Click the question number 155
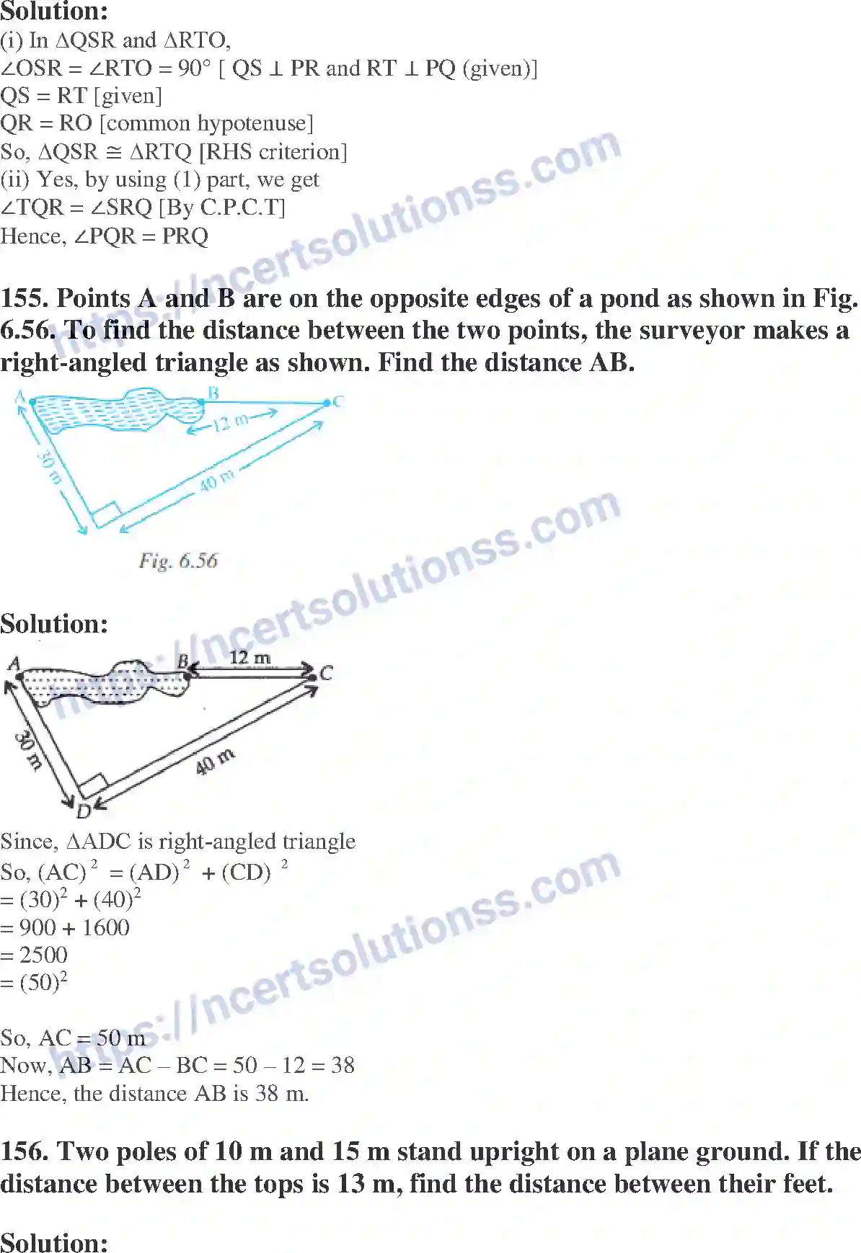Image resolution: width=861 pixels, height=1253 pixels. pyautogui.click(x=25, y=298)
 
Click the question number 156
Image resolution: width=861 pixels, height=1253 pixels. pyautogui.click(x=25, y=1151)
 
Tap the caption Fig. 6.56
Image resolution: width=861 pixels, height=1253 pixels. pyautogui.click(x=178, y=561)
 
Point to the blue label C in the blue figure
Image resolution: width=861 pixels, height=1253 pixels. pyautogui.click(x=338, y=401)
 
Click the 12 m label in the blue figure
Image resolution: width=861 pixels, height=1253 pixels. pyautogui.click(x=230, y=422)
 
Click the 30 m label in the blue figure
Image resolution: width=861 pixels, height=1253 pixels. pyautogui.click(x=49, y=467)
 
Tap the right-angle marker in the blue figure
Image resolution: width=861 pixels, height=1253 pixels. pyautogui.click(x=105, y=514)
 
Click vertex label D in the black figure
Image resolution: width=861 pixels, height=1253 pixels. pyautogui.click(x=84, y=811)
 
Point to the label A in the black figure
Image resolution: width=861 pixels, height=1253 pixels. pyautogui.click(x=14, y=664)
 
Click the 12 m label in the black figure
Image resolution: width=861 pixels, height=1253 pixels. pyautogui.click(x=250, y=657)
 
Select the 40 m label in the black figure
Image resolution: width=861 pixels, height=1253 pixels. pyautogui.click(x=215, y=762)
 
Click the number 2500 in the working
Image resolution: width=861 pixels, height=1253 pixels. pyautogui.click(x=43, y=955)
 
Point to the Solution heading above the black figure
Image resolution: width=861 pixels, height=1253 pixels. pyautogui.click(x=54, y=624)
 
